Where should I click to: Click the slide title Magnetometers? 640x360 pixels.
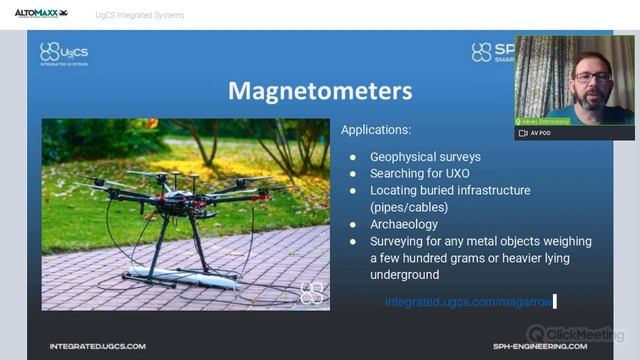(320, 91)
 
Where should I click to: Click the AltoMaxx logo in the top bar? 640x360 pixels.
(41, 14)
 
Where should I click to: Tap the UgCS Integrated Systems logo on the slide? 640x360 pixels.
(63, 53)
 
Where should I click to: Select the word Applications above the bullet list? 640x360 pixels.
(375, 130)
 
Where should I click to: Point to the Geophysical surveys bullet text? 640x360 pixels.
(425, 157)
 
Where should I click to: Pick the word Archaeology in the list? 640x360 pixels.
(404, 224)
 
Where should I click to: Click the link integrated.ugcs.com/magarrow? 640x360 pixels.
(468, 300)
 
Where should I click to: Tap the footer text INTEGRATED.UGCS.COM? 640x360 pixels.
(97, 346)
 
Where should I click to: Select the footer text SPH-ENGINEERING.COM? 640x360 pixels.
(540, 346)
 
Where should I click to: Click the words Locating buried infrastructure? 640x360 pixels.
(450, 190)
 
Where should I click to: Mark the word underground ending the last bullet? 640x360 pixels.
(404, 274)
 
